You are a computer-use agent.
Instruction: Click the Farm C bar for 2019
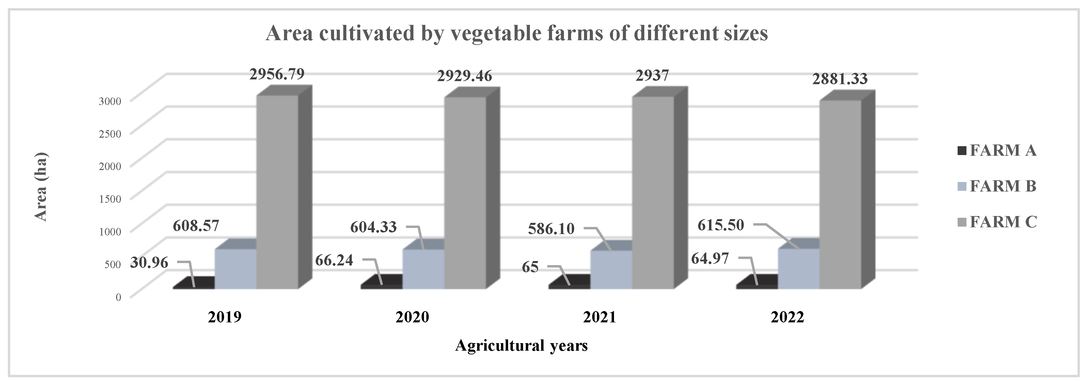(x=278, y=192)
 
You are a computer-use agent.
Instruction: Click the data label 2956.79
(x=277, y=74)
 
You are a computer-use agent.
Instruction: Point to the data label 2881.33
(x=840, y=79)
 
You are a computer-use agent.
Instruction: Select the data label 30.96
(x=149, y=263)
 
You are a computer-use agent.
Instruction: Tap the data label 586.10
(x=551, y=229)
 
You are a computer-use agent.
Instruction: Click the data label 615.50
(x=721, y=225)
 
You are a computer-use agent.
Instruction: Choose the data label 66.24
(x=334, y=260)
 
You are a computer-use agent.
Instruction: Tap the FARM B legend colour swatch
(x=962, y=186)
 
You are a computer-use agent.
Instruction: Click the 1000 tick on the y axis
(x=110, y=231)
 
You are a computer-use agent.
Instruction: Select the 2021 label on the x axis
(x=599, y=317)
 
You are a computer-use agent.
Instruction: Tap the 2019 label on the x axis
(x=224, y=317)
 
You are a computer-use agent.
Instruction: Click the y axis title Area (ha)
(x=41, y=186)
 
